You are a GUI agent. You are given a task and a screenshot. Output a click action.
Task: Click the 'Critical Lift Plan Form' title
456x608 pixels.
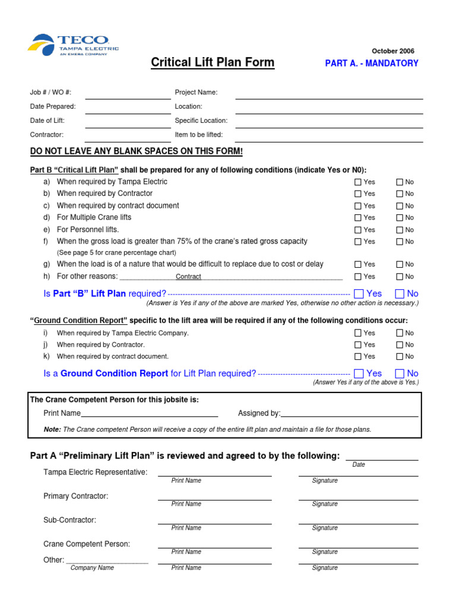coord(213,62)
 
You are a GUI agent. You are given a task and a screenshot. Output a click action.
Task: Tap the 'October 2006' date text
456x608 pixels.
coord(392,51)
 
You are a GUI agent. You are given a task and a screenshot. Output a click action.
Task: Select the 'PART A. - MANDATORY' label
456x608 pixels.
coord(372,64)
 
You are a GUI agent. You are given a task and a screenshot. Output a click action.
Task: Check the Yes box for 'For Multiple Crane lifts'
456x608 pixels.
coord(358,218)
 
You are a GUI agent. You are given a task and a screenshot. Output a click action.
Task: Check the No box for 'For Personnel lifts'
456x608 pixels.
coord(400,230)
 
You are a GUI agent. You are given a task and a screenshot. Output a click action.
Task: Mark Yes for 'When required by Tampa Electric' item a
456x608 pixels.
coord(358,182)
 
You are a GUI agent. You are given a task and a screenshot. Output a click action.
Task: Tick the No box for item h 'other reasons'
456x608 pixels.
coord(400,277)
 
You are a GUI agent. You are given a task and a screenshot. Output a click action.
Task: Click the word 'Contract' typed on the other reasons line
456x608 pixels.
coord(188,277)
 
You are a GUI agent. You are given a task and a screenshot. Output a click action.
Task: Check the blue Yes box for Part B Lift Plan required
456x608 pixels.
coord(359,293)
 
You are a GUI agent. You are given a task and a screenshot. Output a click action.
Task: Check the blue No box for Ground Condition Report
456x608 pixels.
coord(400,373)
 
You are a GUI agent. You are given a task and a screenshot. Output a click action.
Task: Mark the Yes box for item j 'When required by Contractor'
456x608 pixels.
coord(358,345)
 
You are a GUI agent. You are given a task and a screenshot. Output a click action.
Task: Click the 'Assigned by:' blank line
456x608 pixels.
coord(350,414)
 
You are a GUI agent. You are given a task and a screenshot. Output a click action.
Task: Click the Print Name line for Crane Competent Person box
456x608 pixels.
coord(149,414)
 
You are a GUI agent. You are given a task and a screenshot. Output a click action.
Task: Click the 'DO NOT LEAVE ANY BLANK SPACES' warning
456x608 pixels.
coord(137,151)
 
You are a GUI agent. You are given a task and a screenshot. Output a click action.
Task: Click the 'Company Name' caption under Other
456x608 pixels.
coord(92,568)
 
